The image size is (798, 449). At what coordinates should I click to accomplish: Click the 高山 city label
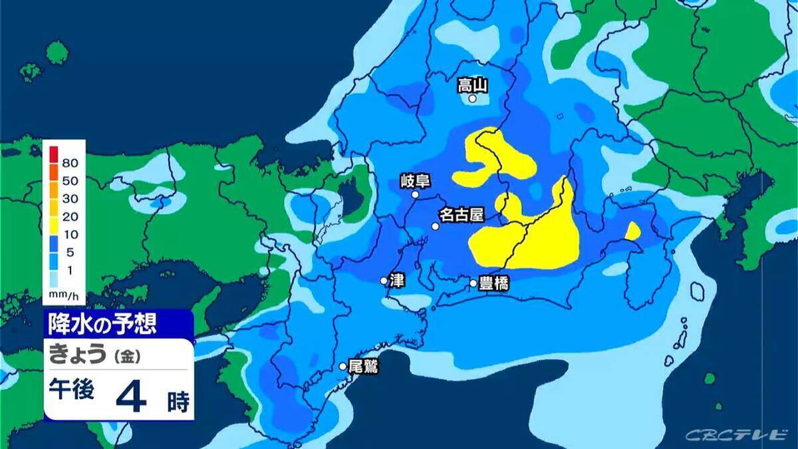[x=473, y=84]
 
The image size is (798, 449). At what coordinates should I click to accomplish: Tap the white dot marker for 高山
[x=473, y=98]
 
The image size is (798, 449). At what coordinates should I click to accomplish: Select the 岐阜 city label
[x=416, y=180]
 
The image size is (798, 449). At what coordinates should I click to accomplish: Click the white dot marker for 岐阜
[x=416, y=195]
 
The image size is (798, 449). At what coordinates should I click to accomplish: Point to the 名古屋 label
[x=461, y=215]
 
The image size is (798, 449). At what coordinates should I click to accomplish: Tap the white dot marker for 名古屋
[x=436, y=226]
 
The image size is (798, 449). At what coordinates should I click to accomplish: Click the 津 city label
[x=398, y=280]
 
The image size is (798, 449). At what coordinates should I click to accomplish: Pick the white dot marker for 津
[x=384, y=281]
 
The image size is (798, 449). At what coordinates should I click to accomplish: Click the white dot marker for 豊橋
[x=473, y=283]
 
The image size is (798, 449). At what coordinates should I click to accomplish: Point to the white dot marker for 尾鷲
[x=343, y=366]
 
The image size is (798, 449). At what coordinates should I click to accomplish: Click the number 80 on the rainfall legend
[x=70, y=163]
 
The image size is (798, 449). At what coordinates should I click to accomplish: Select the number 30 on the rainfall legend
[x=70, y=198]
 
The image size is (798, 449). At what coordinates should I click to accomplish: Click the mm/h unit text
[x=64, y=293]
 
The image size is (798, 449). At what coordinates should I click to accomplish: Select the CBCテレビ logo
[x=735, y=434]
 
